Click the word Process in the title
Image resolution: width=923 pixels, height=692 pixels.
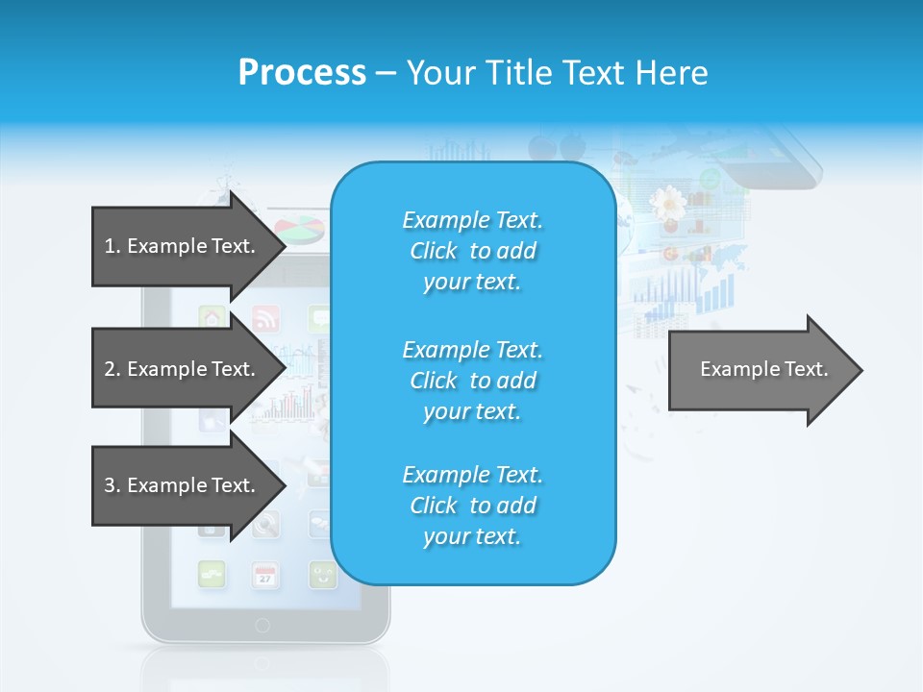coord(302,73)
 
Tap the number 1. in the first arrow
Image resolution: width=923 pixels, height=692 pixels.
coord(112,246)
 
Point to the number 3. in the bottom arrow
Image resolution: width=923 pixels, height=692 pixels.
coord(112,485)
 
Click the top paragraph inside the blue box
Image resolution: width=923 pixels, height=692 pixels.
coord(472,251)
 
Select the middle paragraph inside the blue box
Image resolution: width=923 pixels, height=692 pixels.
coord(472,381)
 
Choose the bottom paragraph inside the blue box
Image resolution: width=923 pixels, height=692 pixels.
coord(472,506)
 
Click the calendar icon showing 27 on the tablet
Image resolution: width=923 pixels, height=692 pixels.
coord(265,575)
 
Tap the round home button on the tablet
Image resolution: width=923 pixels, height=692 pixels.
coord(262,626)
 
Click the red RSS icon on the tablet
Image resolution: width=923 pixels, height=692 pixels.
coord(265,317)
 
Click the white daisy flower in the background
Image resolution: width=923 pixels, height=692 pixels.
coord(666,203)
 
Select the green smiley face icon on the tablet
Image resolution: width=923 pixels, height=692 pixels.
coord(322,575)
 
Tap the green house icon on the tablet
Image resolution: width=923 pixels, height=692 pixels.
coord(212,317)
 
